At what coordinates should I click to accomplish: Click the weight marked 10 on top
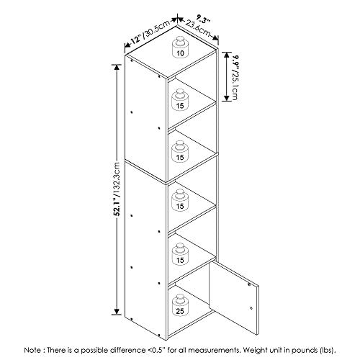coord(180,47)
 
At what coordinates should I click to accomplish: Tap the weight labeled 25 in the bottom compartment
coord(180,305)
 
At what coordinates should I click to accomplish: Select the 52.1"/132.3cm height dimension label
coord(117,188)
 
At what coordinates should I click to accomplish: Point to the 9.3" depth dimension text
coord(203,19)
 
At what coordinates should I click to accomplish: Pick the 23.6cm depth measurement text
coord(198,28)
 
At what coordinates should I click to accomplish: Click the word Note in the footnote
coord(32,350)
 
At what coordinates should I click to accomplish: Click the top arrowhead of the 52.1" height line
coord(117,67)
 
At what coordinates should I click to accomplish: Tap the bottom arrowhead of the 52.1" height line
coord(117,312)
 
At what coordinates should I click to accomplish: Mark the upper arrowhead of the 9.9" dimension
coord(227,55)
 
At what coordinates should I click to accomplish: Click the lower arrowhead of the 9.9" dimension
coord(227,98)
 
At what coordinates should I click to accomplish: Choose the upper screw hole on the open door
coord(249,284)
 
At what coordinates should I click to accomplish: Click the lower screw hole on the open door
coord(251,308)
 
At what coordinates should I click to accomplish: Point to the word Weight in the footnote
coord(253,351)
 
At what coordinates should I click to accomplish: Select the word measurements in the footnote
coord(215,350)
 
